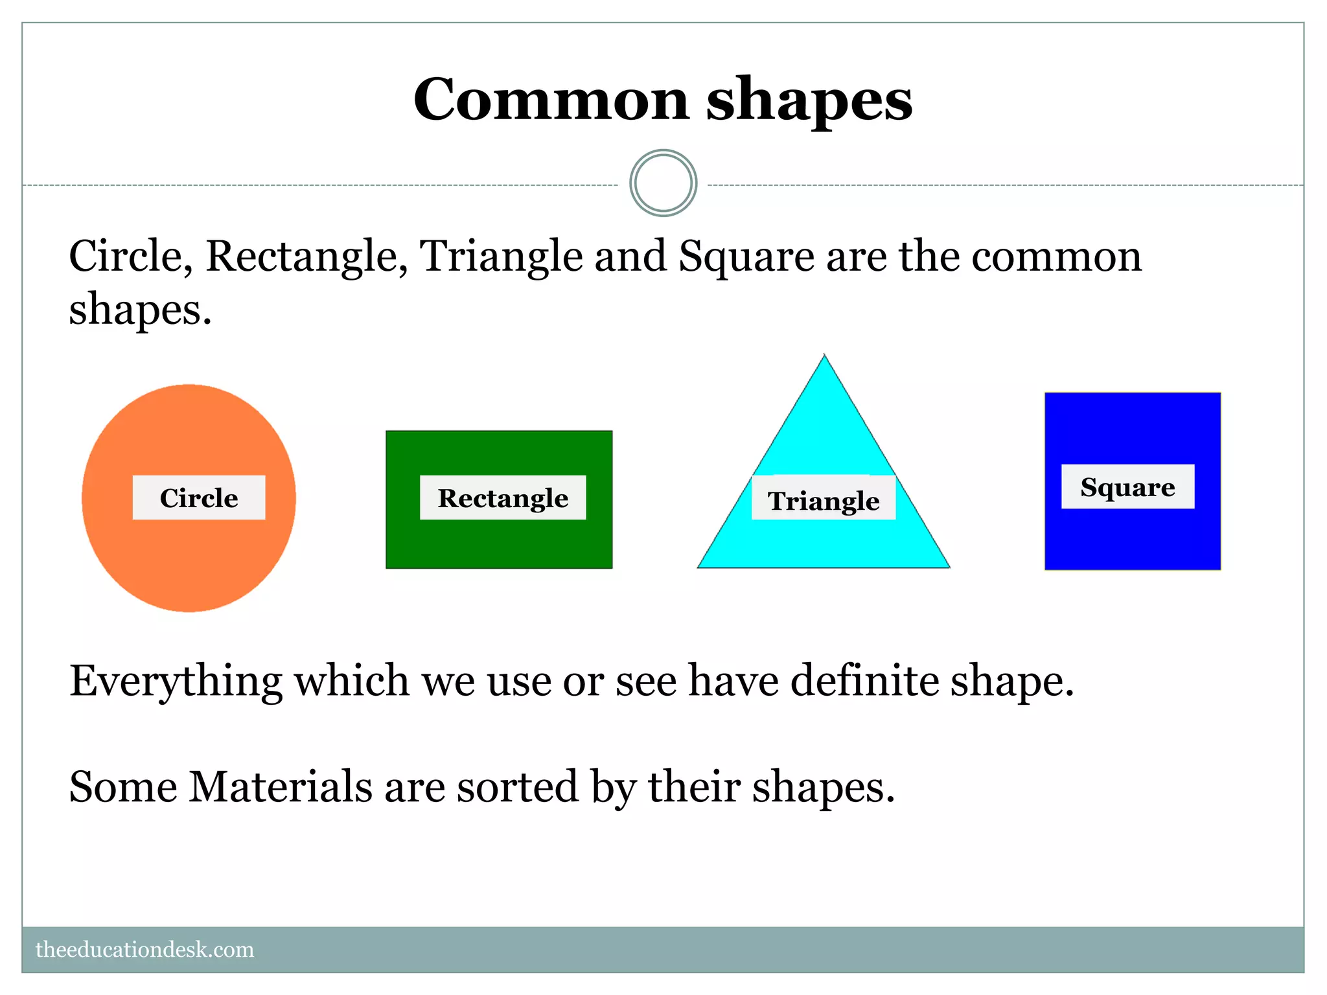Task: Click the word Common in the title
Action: click(551, 100)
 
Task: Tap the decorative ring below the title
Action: click(663, 183)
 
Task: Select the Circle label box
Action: click(199, 497)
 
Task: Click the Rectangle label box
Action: click(503, 497)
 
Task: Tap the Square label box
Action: click(1127, 486)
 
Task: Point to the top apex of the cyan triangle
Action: click(824, 356)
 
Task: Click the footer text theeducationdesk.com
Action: click(144, 950)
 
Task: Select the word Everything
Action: click(176, 681)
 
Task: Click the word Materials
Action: click(280, 787)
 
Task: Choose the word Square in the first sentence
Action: click(746, 257)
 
